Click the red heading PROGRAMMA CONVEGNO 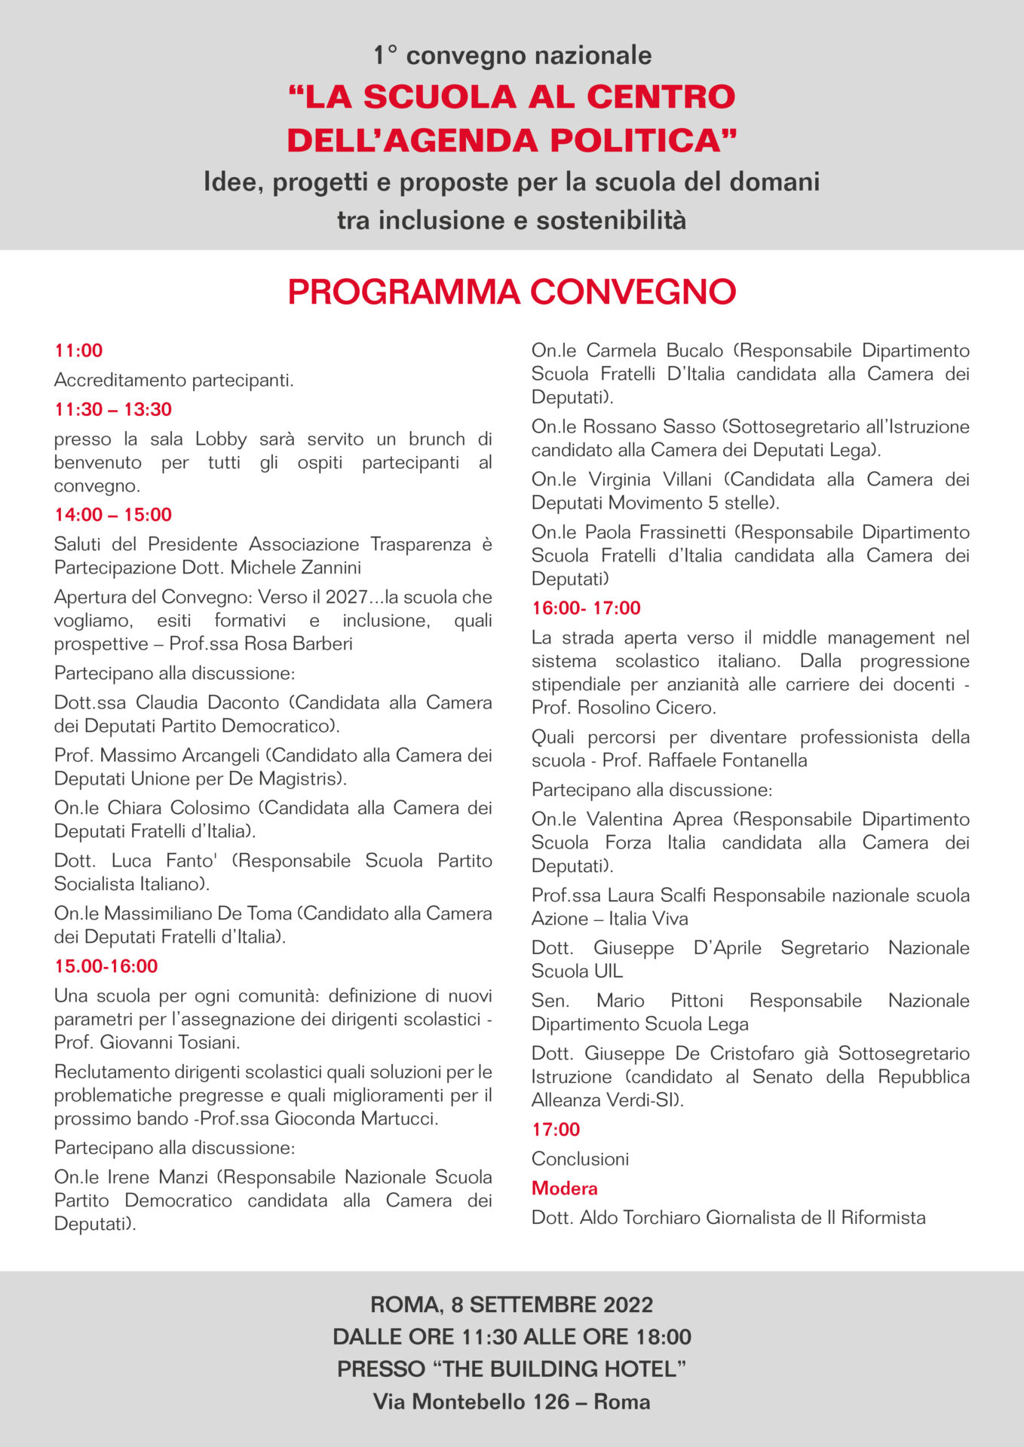point(511,292)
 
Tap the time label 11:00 point(78,350)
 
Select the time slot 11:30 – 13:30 point(113,409)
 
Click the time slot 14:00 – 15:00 point(113,515)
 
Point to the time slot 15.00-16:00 point(106,966)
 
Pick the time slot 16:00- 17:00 point(586,608)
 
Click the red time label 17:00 point(556,1129)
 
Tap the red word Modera point(564,1188)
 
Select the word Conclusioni point(580,1158)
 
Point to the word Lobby point(221,439)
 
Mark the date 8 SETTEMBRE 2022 point(552,1305)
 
